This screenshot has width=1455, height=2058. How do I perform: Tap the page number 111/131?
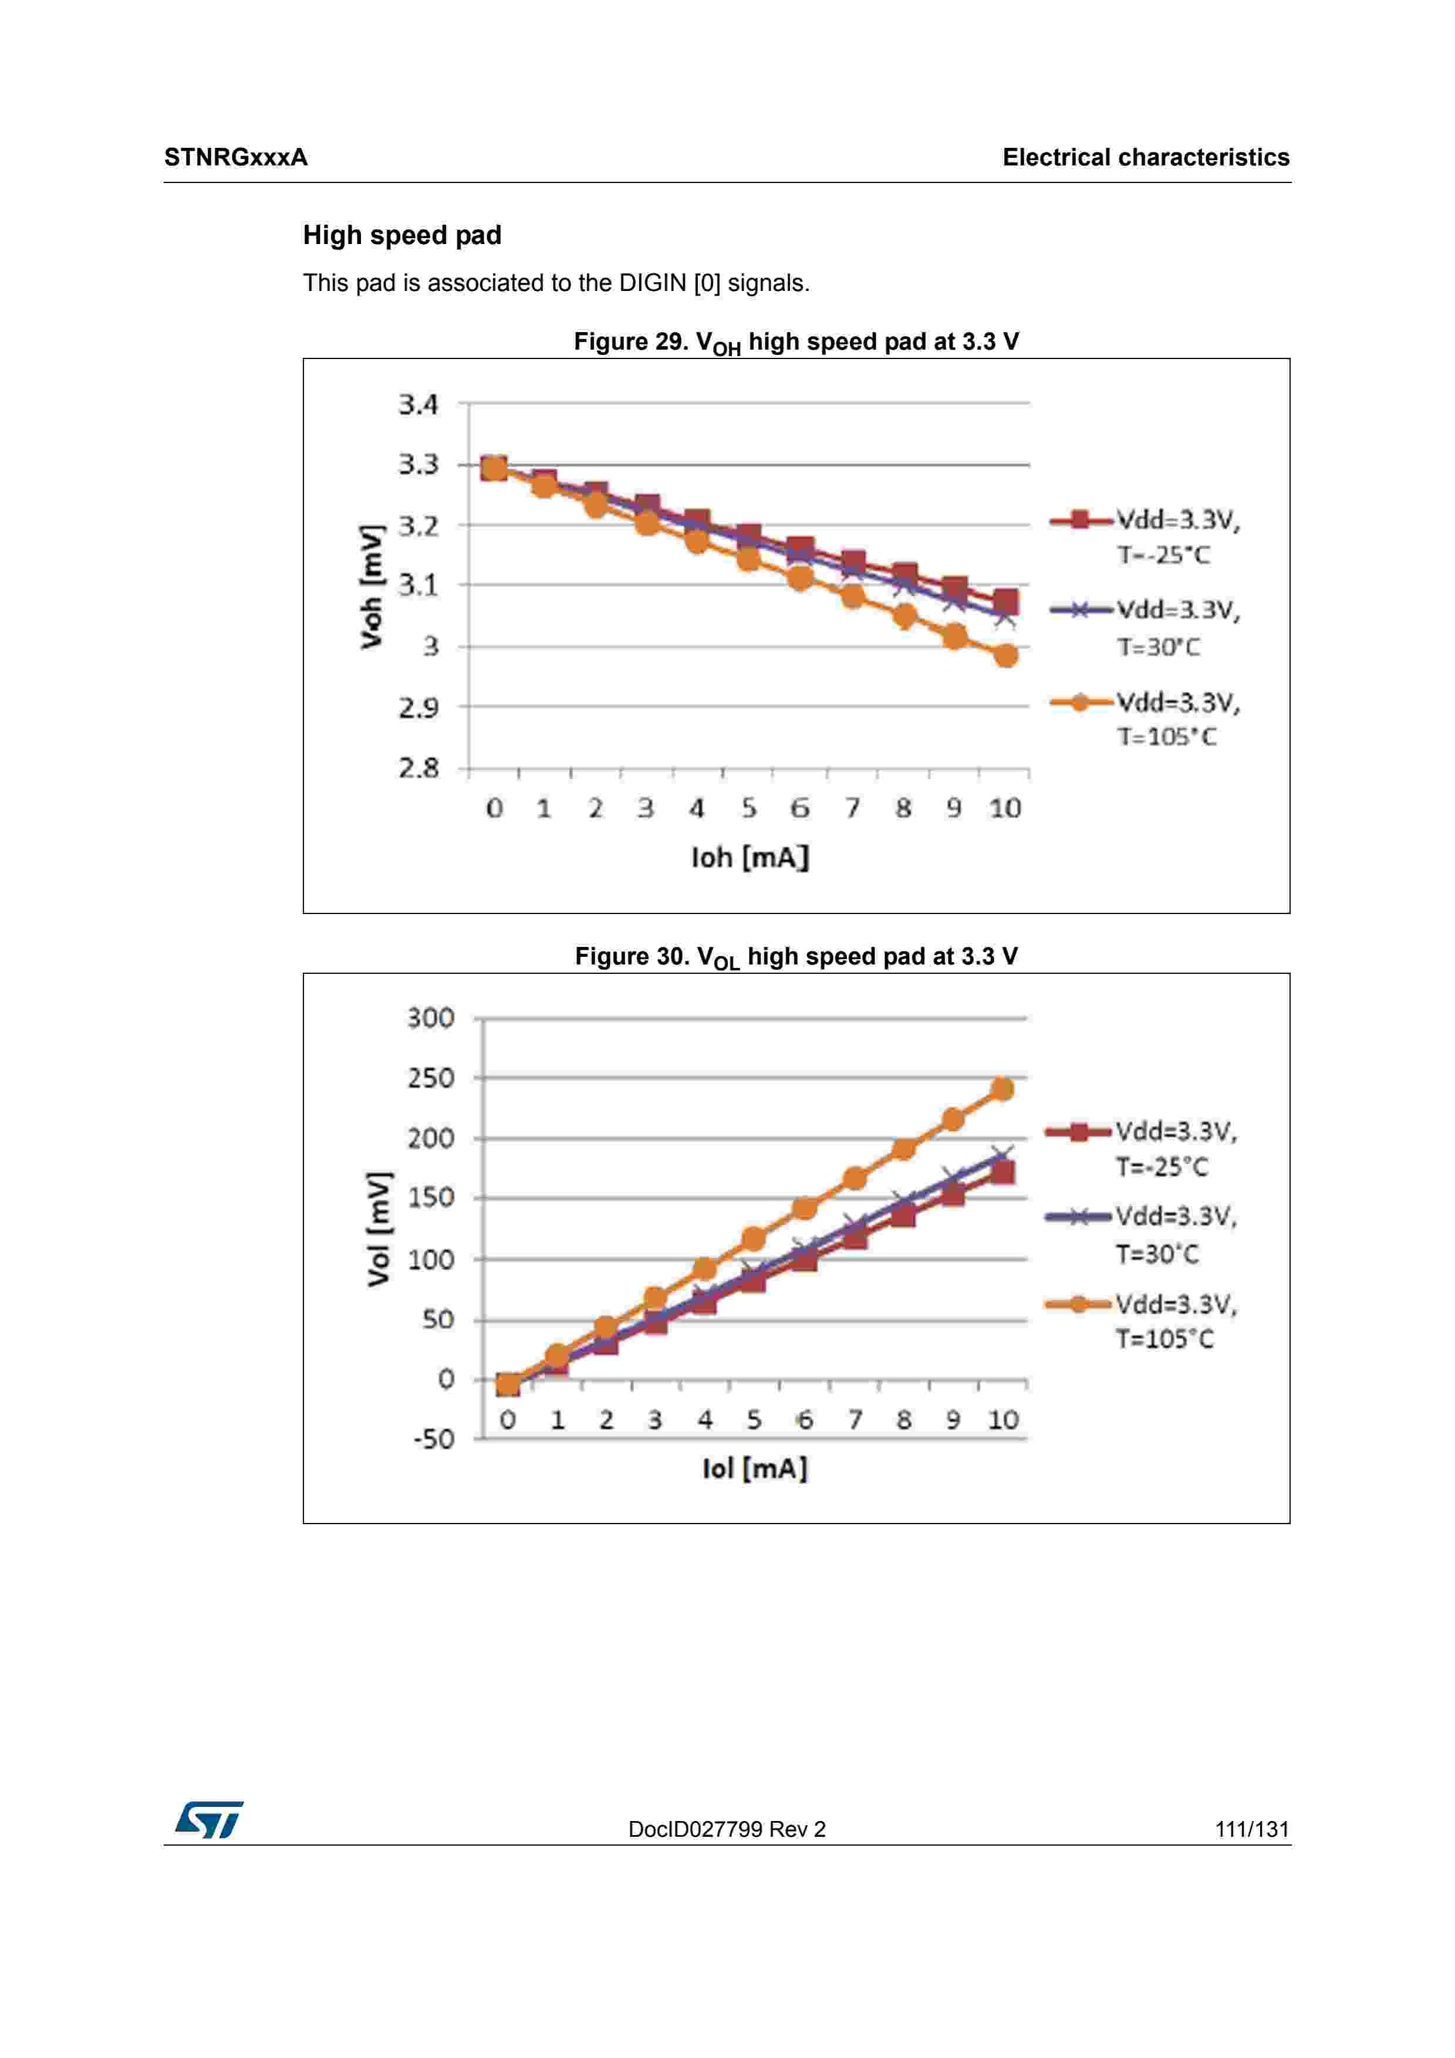pyautogui.click(x=1251, y=1829)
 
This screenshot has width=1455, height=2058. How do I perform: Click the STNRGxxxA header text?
pyautogui.click(x=236, y=158)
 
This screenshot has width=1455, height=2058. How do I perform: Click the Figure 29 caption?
pyautogui.click(x=796, y=343)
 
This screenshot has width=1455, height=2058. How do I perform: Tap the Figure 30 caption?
pyautogui.click(x=796, y=957)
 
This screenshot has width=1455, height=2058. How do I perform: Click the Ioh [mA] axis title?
pyautogui.click(x=750, y=858)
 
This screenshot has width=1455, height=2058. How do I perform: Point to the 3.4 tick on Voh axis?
pyautogui.click(x=418, y=405)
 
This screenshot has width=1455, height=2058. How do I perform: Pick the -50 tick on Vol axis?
pyautogui.click(x=434, y=1440)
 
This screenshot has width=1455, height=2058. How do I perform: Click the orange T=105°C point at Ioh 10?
pyautogui.click(x=1006, y=656)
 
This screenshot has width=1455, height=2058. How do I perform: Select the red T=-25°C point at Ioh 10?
pyautogui.click(x=1006, y=601)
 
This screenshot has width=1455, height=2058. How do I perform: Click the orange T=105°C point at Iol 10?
pyautogui.click(x=1002, y=1089)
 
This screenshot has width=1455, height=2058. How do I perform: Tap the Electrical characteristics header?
pyautogui.click(x=1146, y=158)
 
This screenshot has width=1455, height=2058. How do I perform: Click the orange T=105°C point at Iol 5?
pyautogui.click(x=754, y=1240)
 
